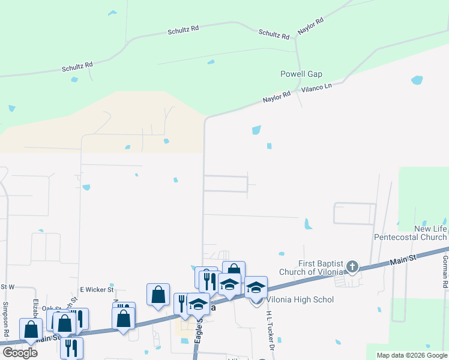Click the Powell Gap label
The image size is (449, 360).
(x=301, y=74)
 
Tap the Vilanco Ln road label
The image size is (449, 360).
(x=319, y=88)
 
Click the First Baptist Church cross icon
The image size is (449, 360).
(x=352, y=266)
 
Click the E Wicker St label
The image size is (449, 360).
(x=97, y=290)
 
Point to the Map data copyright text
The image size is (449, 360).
(x=412, y=355)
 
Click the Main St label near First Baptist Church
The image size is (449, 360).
(x=403, y=260)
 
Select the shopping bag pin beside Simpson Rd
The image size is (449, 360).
(x=31, y=329)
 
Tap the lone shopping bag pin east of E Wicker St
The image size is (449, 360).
(x=158, y=294)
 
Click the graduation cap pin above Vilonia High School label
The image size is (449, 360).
(x=256, y=287)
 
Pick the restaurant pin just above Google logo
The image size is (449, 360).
(x=71, y=347)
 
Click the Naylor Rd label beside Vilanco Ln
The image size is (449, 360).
(x=276, y=97)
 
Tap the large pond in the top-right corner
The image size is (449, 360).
(x=417, y=80)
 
